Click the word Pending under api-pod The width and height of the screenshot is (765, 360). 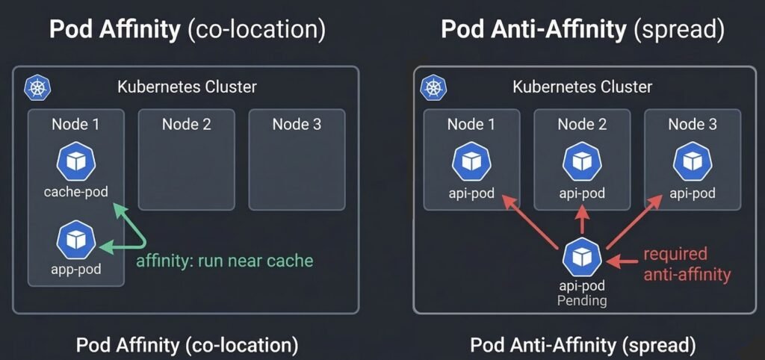582,300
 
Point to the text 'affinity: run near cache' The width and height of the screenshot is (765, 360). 224,261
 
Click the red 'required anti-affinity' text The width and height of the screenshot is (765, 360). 686,264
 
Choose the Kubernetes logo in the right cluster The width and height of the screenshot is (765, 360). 433,87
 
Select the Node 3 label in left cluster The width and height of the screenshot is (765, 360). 297,124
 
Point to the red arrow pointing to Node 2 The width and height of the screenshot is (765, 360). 583,220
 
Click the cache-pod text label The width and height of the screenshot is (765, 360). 75,192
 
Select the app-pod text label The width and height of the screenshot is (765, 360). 75,269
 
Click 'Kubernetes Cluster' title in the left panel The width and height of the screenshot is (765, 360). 187,87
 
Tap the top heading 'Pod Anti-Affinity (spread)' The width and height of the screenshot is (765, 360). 583,30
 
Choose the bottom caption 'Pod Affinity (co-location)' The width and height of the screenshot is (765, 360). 187,345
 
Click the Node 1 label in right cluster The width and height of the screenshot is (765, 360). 471,124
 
